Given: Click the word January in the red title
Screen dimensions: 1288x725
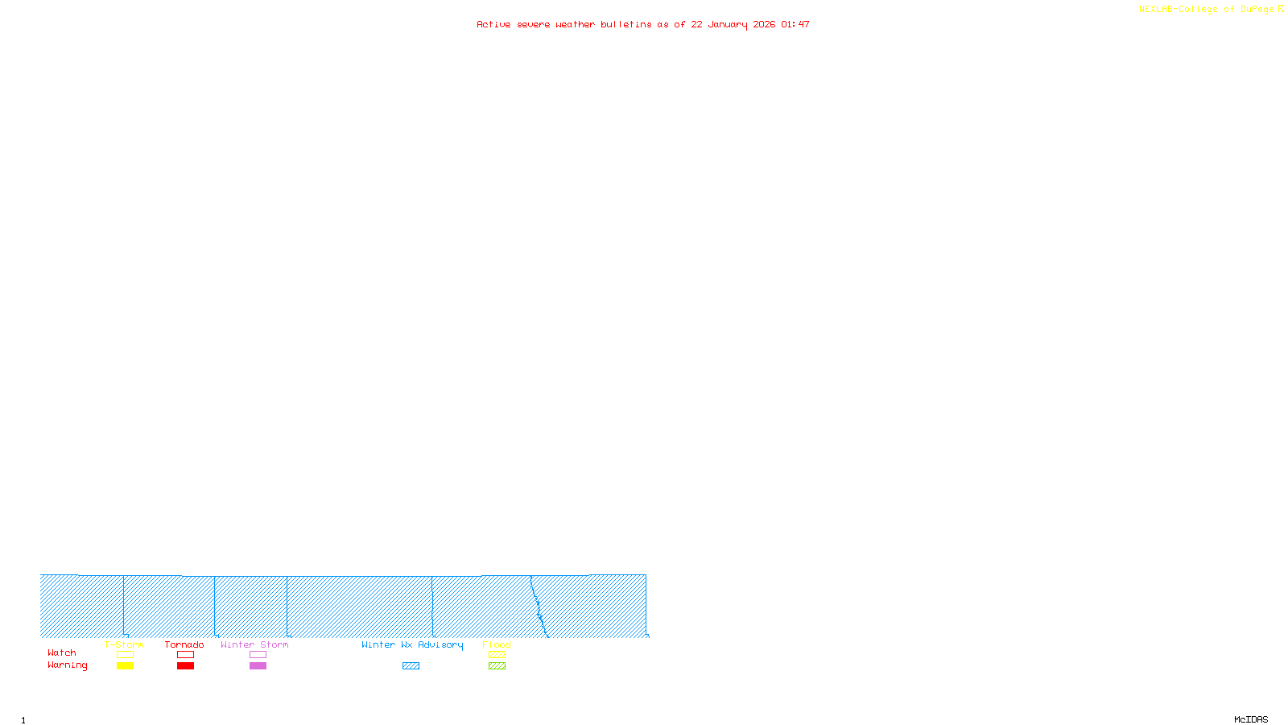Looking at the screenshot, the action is [x=728, y=25].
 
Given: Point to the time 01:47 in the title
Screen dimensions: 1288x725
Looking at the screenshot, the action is [x=795, y=25].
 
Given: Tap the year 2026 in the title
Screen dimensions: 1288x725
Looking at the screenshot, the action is [x=765, y=25].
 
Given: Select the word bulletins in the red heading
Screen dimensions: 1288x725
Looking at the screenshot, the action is [x=626, y=25].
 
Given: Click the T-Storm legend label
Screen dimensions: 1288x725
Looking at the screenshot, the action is [x=124, y=645].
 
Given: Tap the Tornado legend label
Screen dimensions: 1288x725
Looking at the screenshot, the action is [x=184, y=645].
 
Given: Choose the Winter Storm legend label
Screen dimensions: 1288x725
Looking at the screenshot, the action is [x=254, y=645].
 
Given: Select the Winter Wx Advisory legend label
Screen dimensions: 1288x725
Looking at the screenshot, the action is [x=412, y=645].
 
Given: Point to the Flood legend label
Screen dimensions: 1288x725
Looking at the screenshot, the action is [x=497, y=645].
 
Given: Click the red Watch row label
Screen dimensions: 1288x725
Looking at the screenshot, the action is [x=62, y=653].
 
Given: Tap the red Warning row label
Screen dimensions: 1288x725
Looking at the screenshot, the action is [x=68, y=665].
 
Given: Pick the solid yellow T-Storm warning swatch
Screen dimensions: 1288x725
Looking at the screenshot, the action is [x=125, y=666].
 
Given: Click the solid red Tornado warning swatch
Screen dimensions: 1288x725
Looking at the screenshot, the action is [x=186, y=666].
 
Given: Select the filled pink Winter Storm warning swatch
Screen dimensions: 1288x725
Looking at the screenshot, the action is [x=258, y=666].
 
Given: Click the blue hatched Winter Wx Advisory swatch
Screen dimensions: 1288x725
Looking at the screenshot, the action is [x=411, y=666].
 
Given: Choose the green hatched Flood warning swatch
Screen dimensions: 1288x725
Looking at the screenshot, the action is [x=497, y=666].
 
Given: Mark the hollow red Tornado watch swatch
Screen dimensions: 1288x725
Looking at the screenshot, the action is [x=186, y=655].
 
